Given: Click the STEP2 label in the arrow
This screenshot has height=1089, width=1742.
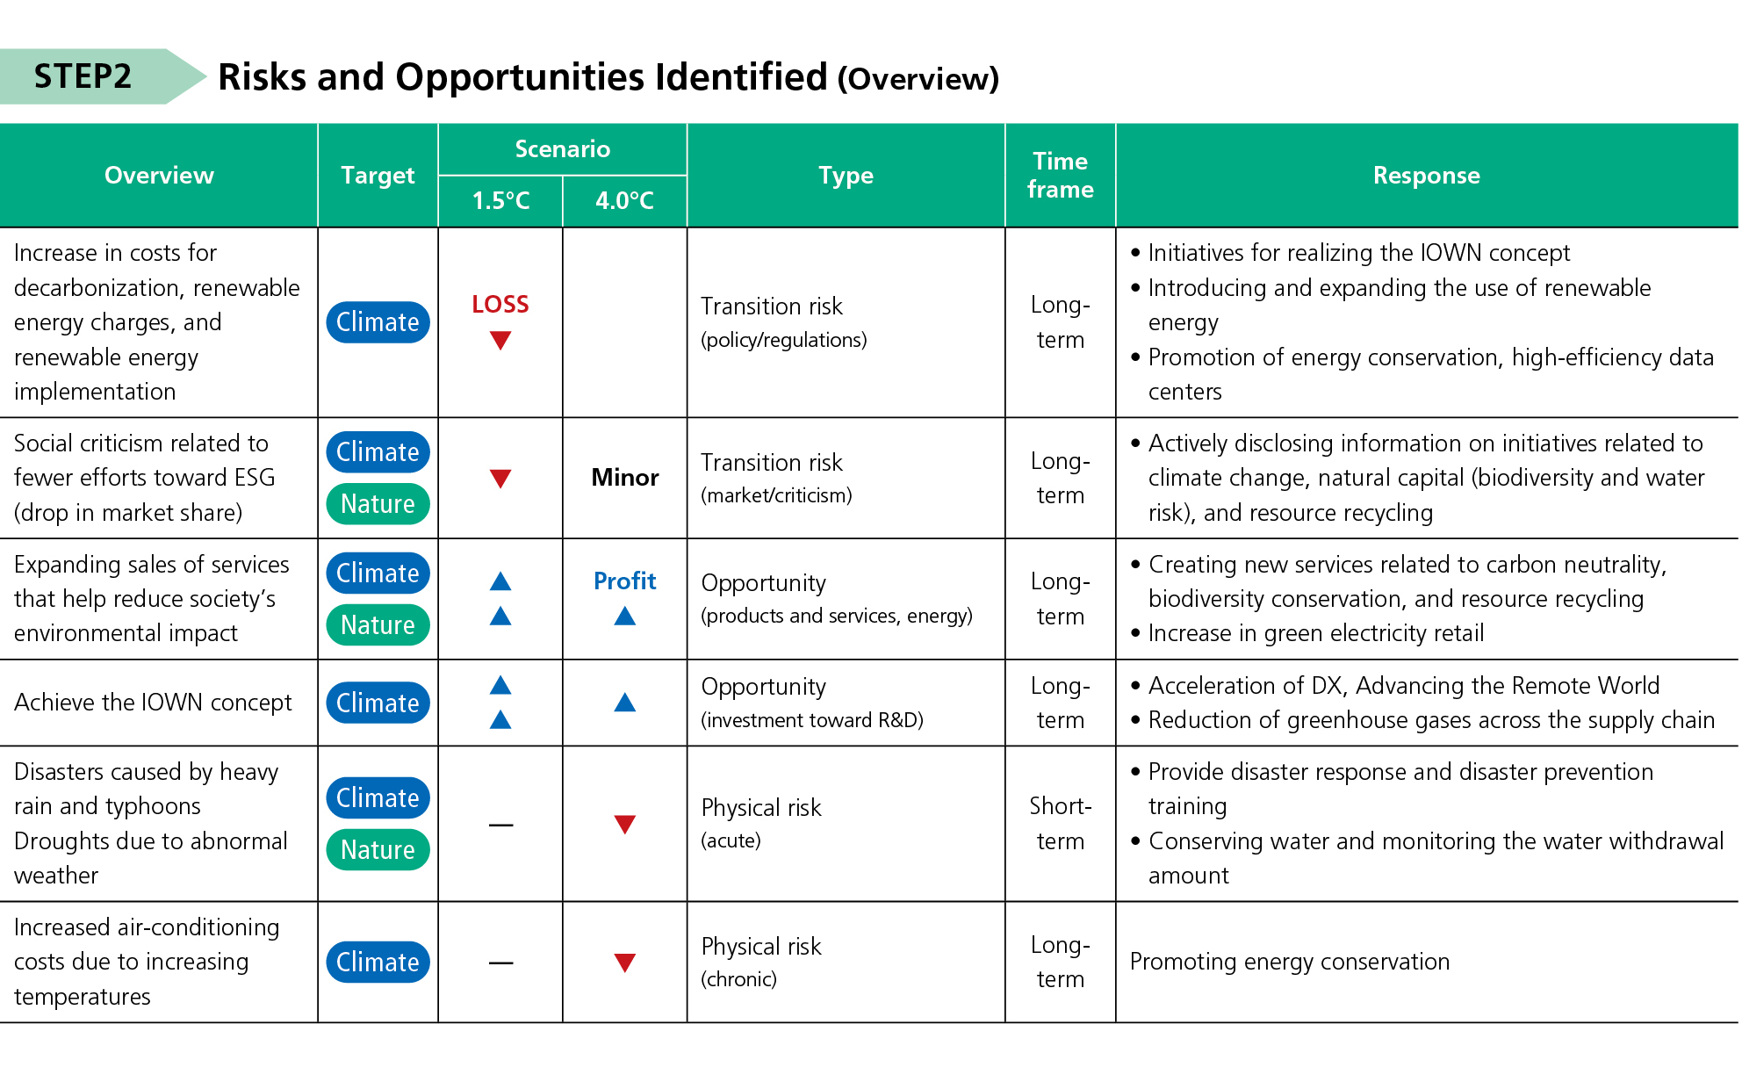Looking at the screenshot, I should point(83,76).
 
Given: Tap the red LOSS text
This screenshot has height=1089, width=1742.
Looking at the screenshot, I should point(500,305).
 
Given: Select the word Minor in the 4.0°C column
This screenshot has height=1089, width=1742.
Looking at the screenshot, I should point(624,478).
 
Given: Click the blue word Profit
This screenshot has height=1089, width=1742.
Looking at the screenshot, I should point(624,581).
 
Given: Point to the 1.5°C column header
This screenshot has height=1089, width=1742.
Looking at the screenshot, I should point(500,201).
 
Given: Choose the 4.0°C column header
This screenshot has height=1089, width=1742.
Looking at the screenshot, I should point(624,201).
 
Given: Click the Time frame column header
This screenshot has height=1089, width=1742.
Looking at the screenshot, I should point(1060,176).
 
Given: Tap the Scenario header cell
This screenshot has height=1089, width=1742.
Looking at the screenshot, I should point(562,149).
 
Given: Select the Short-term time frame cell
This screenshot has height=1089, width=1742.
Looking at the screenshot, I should point(1060,824).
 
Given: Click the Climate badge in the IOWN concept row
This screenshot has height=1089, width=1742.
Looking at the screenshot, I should point(378,703).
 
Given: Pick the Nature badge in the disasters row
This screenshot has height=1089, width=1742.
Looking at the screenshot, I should point(378,850).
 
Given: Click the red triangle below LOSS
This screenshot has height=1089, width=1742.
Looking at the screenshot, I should point(500,341).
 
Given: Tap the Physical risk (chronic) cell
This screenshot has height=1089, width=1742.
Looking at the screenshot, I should point(760,962).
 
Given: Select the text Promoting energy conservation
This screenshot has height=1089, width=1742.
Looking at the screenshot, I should point(1289,962).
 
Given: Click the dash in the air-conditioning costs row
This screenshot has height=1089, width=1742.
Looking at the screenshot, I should point(500,963).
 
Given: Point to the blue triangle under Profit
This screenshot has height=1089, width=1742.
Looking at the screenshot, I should point(624,617).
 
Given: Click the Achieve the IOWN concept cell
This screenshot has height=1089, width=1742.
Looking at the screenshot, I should point(153,703).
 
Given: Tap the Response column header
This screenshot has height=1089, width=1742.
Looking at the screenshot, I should point(1426,176).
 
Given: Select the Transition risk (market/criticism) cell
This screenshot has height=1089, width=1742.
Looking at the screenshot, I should point(775,478).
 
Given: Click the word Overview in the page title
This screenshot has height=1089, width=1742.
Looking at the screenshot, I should point(918,79).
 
